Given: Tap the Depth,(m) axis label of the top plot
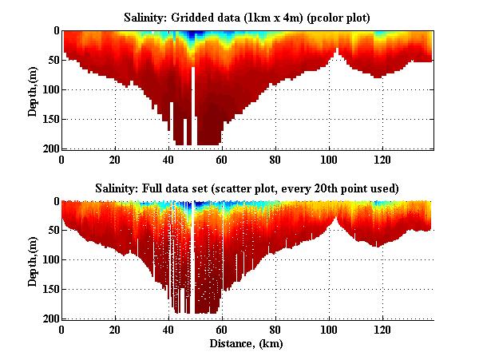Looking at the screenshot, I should [x=33, y=89].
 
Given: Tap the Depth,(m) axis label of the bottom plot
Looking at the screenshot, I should [x=33, y=260].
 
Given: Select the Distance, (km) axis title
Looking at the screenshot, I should [x=247, y=344].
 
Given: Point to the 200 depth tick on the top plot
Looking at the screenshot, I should [x=49, y=148].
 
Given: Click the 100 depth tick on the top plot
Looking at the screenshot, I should [x=49, y=89].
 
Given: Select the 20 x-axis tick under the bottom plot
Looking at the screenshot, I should [x=115, y=329].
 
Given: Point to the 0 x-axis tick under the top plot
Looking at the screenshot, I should [x=62, y=158].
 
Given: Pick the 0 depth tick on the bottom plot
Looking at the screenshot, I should [x=54, y=202].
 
